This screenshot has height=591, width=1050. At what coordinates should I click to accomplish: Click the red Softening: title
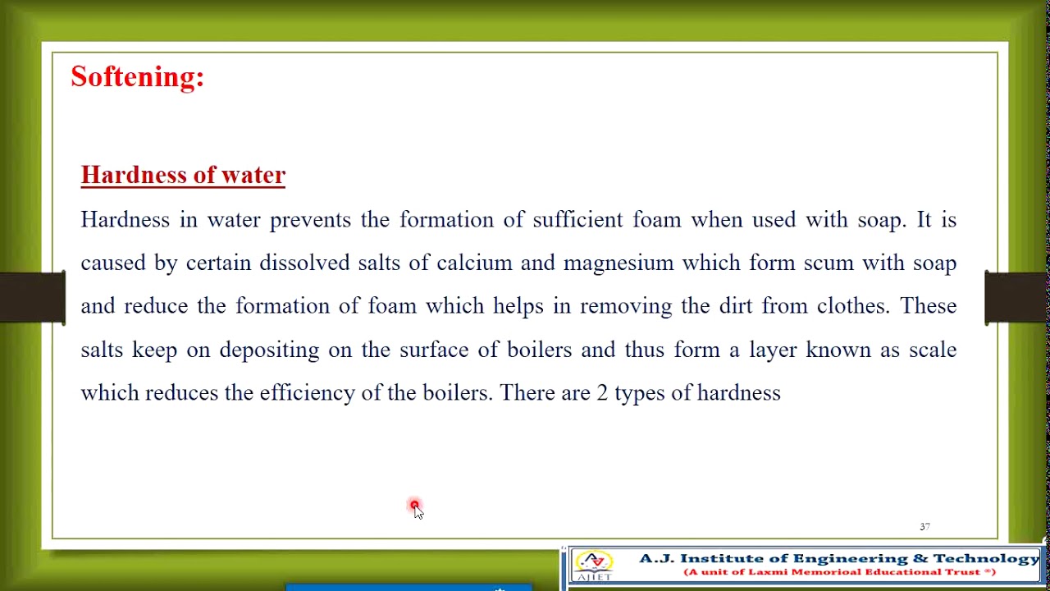(x=137, y=77)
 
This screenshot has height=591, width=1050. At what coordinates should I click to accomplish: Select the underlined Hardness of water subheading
(x=183, y=175)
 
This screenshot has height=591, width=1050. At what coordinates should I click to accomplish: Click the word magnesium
(x=618, y=263)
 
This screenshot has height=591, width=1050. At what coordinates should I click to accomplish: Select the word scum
(x=826, y=263)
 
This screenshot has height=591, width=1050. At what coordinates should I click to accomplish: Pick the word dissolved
(x=304, y=263)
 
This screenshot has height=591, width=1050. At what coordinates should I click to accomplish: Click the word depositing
(x=269, y=350)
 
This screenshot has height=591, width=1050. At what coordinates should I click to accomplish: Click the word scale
(x=933, y=350)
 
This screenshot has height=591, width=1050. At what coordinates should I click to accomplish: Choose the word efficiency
(x=307, y=393)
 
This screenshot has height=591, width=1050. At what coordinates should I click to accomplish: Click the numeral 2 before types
(x=602, y=393)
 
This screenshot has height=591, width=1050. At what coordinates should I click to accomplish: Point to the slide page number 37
(x=924, y=527)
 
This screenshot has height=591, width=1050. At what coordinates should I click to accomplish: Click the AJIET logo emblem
(x=594, y=566)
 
